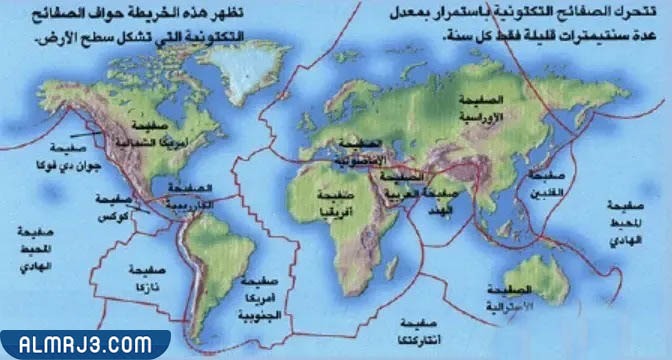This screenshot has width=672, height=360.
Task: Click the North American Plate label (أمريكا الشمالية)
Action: [x=160, y=132]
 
